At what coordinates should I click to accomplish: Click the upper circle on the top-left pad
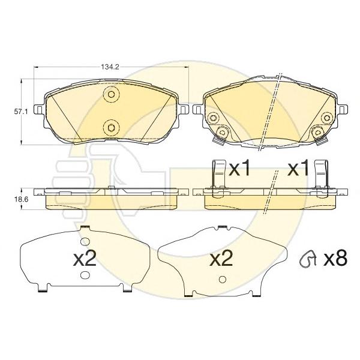110,94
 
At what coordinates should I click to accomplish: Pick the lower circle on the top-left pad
110,126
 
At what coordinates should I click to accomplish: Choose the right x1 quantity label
298,170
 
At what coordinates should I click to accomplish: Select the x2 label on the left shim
85,259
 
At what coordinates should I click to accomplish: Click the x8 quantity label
335,259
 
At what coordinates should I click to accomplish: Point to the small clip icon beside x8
308,259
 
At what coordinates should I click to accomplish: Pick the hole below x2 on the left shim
85,275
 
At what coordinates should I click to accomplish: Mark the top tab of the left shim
85,227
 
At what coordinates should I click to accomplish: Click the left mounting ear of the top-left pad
39,110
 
